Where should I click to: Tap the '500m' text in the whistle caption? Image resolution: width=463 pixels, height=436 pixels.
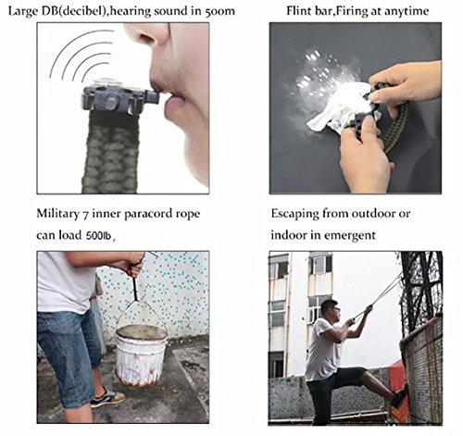(x=219, y=11)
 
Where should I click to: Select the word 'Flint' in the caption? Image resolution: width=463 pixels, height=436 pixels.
(x=298, y=11)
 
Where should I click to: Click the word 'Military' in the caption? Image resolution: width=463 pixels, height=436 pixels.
(x=57, y=214)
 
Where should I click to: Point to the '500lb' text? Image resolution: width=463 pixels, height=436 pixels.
(x=98, y=236)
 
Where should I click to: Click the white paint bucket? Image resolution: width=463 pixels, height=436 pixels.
(x=142, y=355)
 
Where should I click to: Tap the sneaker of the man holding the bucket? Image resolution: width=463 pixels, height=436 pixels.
(x=107, y=398)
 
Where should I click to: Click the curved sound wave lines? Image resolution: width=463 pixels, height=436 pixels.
(x=81, y=56)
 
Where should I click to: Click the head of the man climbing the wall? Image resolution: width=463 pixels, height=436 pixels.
(x=331, y=310)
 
